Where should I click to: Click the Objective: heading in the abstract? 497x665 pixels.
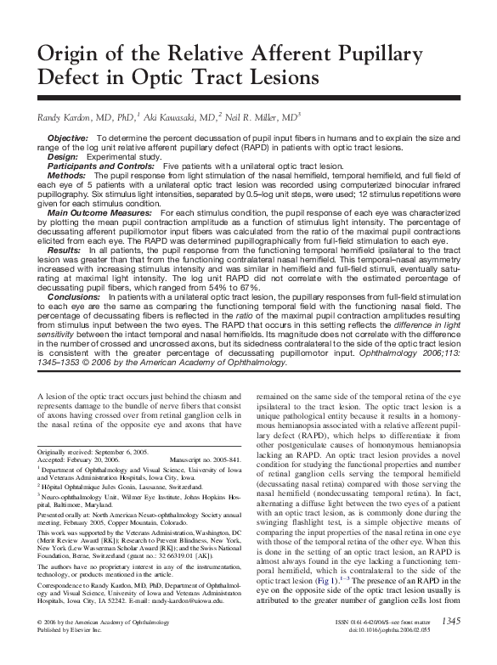click(x=69, y=138)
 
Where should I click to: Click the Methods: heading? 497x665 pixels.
click(x=65, y=176)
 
